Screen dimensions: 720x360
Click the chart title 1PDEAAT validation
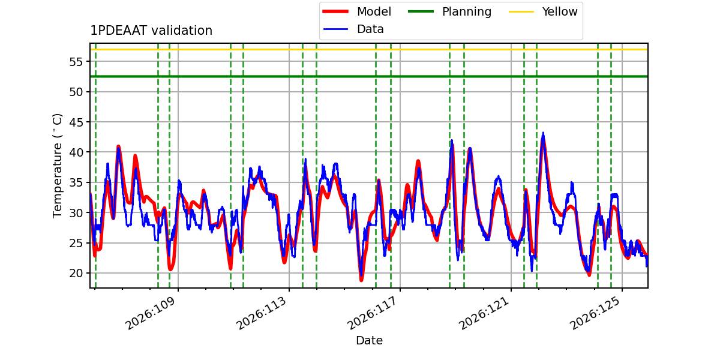pos(151,31)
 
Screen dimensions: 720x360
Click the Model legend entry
pos(356,11)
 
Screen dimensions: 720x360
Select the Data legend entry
pos(353,29)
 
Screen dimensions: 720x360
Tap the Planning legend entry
pos(449,11)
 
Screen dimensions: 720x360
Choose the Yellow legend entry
pos(543,11)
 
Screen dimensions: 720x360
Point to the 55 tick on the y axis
pos(76,62)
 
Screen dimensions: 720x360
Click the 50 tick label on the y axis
pos(76,92)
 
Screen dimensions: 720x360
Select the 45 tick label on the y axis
pos(76,122)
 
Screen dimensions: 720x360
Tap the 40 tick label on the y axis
pos(76,152)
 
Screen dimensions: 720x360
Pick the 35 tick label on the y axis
pos(76,182)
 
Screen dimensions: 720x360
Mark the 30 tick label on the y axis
pos(76,213)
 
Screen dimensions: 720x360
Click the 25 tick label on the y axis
pos(76,243)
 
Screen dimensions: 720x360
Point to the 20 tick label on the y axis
pos(76,273)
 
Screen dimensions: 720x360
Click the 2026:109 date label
pos(151,313)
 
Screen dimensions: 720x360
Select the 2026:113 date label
pos(262,313)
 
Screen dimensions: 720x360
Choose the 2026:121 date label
pos(484,313)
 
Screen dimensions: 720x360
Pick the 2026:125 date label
pos(595,313)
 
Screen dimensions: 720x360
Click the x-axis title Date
pos(370,340)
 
